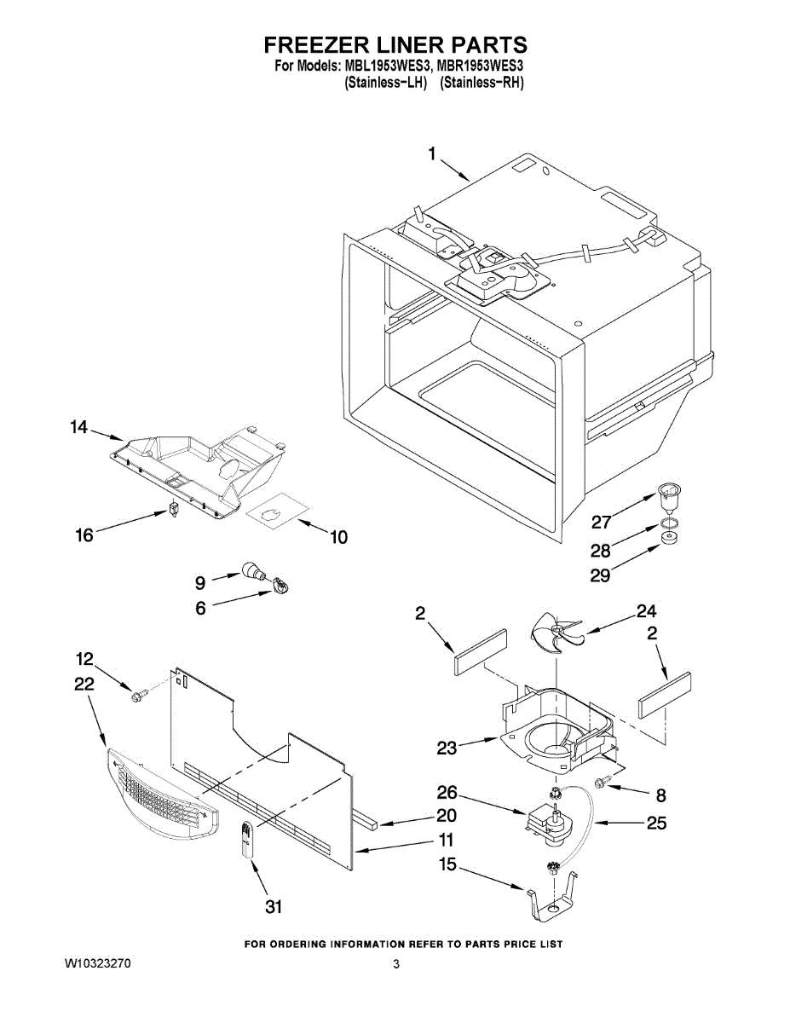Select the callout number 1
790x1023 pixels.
[x=432, y=153]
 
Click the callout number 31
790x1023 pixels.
[x=273, y=907]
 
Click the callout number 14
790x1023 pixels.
[x=79, y=428]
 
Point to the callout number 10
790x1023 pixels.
[x=338, y=537]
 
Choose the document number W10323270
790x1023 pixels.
[x=98, y=964]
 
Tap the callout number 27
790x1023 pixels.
[x=602, y=522]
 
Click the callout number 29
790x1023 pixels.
[x=600, y=575]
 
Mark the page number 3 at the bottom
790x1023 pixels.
[x=396, y=964]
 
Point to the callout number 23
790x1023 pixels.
[x=447, y=748]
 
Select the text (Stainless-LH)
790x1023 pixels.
[x=384, y=83]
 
